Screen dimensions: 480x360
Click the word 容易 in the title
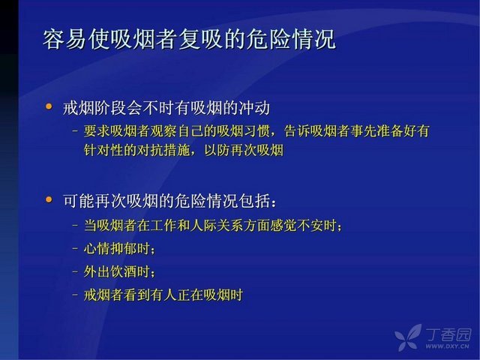point(64,39)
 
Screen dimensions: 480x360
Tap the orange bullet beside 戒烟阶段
point(49,106)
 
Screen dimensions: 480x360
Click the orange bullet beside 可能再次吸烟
point(49,199)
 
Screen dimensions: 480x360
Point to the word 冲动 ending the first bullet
point(253,108)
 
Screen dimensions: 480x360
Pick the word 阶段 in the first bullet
point(110,108)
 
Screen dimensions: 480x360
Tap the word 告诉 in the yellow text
point(297,131)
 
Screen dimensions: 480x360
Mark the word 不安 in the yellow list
point(310,226)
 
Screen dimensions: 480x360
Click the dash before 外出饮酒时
point(75,271)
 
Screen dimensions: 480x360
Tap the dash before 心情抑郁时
point(75,248)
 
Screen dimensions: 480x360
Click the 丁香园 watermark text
point(448,334)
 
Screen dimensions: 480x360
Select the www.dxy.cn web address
point(448,346)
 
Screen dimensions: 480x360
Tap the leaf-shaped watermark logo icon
point(408,337)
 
